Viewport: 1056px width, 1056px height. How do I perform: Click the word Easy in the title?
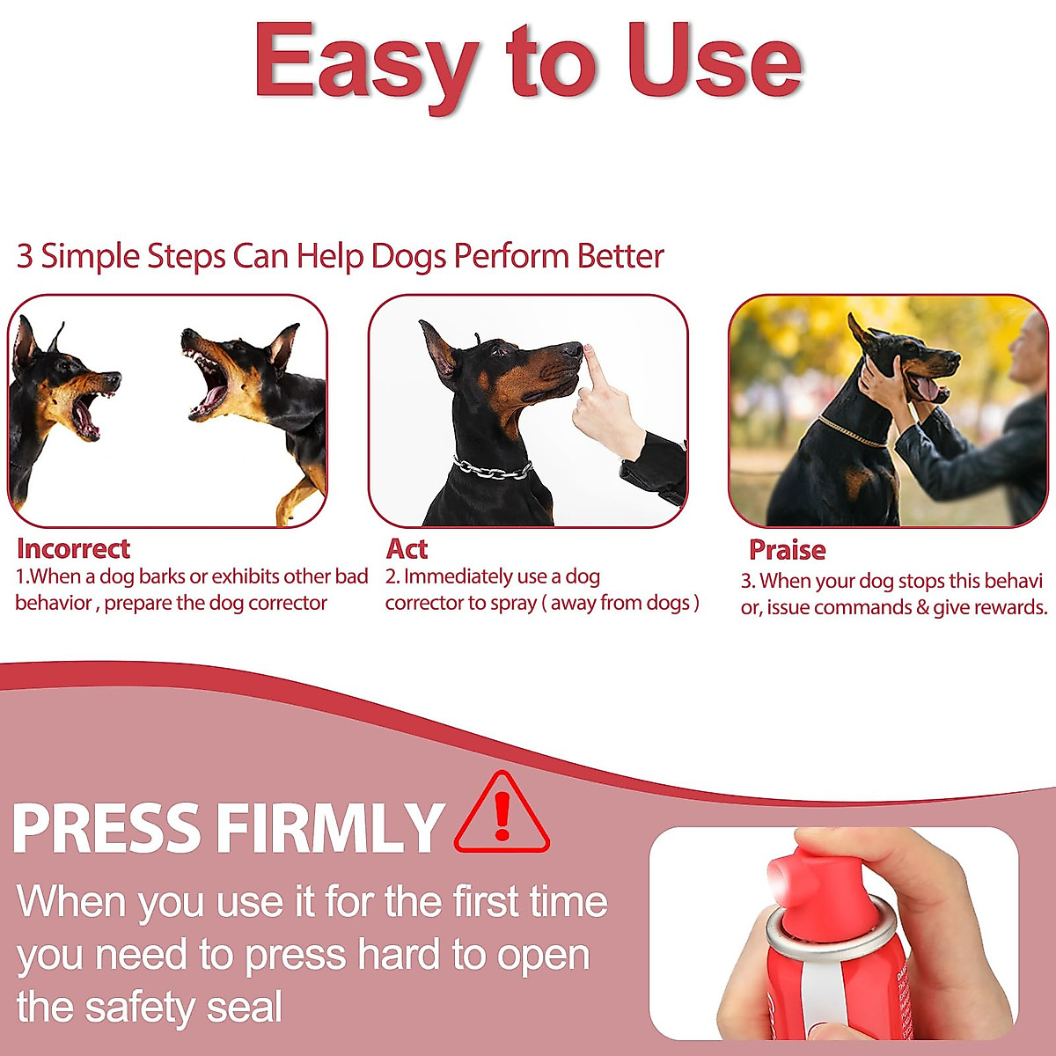(x=366, y=62)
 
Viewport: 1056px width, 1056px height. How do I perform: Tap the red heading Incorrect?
(x=73, y=549)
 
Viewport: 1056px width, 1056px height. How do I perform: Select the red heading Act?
(x=407, y=549)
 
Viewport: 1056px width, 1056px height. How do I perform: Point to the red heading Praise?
(x=787, y=550)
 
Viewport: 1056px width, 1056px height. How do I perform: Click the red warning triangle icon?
(x=502, y=814)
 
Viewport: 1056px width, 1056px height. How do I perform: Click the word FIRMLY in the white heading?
(x=330, y=829)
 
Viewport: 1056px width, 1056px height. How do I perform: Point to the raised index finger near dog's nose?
(x=593, y=370)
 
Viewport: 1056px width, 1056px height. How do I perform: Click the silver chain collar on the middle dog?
(x=493, y=469)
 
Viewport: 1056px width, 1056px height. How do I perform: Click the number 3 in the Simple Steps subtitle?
(x=25, y=256)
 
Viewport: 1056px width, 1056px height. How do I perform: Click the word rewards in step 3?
(x=1012, y=607)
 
